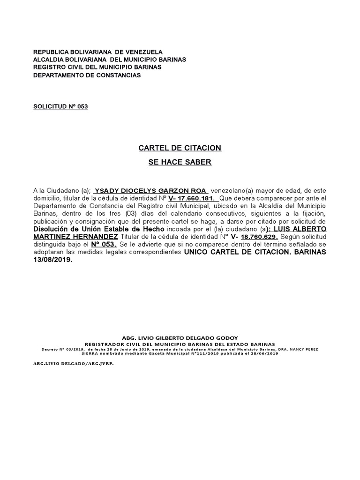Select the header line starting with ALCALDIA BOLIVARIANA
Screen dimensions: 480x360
[x=109, y=60]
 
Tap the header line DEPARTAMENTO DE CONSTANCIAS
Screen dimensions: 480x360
[x=87, y=75]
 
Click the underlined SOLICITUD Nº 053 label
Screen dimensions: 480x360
[x=60, y=106]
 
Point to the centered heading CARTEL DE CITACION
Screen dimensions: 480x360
[x=180, y=148]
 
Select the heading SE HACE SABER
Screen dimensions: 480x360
[x=180, y=163]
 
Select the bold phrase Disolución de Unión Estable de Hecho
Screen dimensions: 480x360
[x=98, y=229]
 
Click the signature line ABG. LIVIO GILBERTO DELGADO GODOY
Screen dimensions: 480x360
[x=180, y=338]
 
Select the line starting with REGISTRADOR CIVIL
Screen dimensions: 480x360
[x=180, y=344]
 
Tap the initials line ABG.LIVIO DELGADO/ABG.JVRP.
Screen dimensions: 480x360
[x=73, y=363]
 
